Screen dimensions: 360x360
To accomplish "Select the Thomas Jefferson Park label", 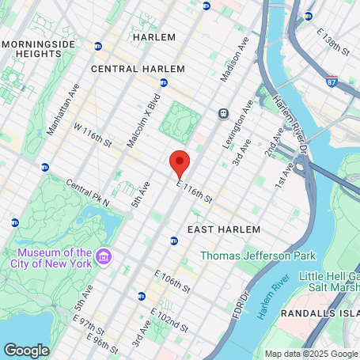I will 257,256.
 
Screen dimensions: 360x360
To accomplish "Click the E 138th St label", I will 333,41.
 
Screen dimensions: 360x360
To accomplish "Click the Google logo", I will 26,350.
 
